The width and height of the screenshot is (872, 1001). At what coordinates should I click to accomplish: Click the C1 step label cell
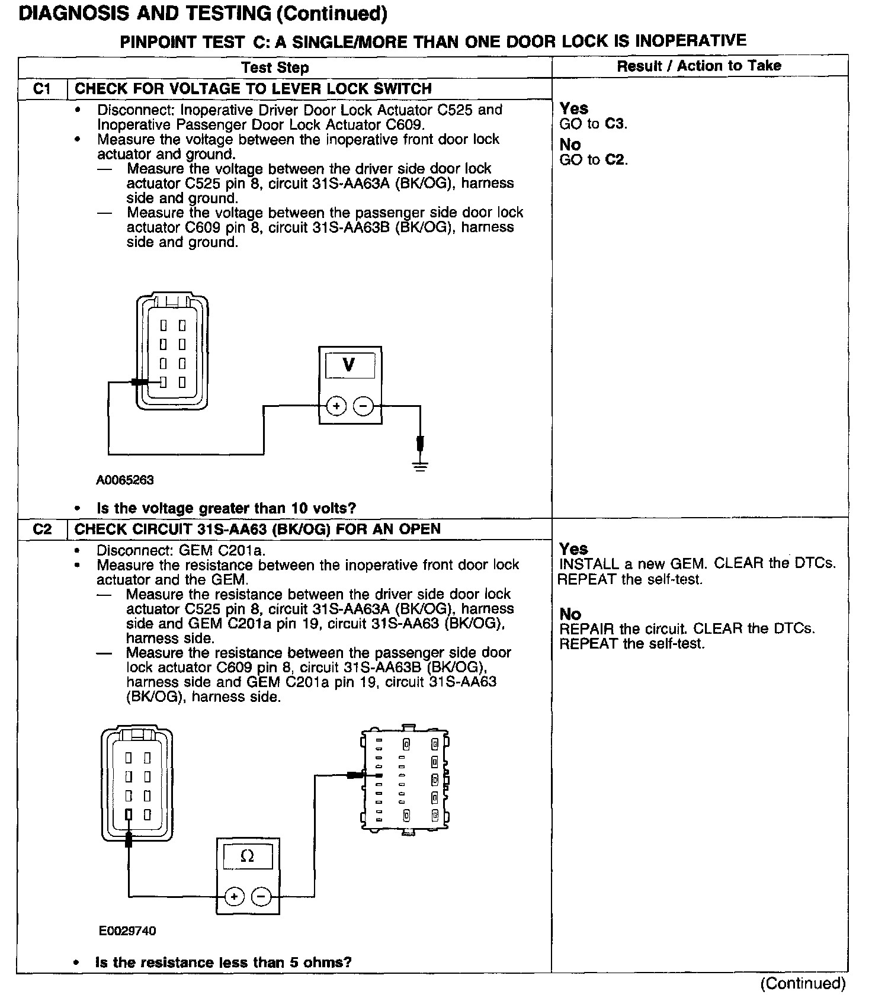click(42, 89)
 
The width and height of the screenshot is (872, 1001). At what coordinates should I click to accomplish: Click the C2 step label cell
click(42, 529)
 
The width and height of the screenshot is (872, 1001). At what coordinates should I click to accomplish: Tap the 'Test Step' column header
click(275, 68)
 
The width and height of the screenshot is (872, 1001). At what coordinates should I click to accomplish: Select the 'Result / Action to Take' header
click(699, 66)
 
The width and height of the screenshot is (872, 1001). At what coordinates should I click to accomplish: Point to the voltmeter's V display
click(350, 365)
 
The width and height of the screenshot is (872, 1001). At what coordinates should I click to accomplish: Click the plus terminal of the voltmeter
click(336, 406)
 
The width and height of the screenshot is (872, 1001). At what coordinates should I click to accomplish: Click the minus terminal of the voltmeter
click(363, 406)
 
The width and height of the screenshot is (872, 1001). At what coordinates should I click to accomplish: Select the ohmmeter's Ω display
click(248, 856)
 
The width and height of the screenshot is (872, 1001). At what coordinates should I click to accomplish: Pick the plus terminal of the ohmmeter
click(235, 896)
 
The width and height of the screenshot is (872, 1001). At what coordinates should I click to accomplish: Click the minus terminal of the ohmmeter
click(261, 896)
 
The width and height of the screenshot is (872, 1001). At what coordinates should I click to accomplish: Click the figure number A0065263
click(125, 480)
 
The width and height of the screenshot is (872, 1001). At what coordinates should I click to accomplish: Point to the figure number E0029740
click(127, 931)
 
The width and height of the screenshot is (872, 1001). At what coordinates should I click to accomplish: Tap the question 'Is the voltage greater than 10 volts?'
click(226, 508)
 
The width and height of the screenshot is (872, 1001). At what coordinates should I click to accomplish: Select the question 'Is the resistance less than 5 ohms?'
click(223, 962)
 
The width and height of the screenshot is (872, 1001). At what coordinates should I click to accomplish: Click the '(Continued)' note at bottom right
click(803, 984)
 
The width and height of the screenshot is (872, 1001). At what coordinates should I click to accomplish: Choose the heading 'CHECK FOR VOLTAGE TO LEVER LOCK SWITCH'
click(253, 89)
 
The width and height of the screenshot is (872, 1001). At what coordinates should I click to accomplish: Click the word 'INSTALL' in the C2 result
click(583, 564)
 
